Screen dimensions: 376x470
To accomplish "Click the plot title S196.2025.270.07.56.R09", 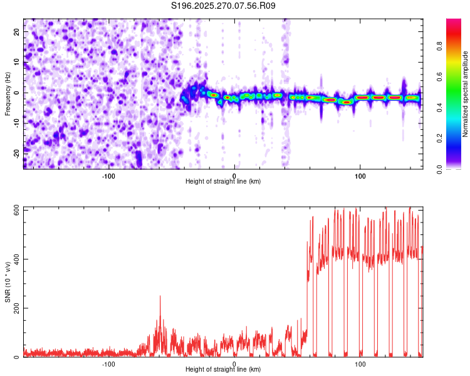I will pos(223,6).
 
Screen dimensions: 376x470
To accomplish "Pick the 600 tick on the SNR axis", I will pos(14,209).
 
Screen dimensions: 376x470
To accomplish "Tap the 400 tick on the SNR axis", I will pos(14,259).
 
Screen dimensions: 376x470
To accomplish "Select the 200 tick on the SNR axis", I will pos(14,308).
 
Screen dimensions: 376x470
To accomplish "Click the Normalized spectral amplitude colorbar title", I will pos(466,94).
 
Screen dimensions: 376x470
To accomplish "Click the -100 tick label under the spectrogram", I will pos(108,175).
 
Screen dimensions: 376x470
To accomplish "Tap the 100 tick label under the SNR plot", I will pos(360,364).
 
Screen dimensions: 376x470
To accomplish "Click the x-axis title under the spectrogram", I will pos(223,182).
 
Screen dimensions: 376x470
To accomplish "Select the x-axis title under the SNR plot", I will pos(223,370).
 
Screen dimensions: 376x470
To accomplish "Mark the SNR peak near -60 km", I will pos(160,296).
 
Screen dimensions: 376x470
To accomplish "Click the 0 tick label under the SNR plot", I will pos(234,364).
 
